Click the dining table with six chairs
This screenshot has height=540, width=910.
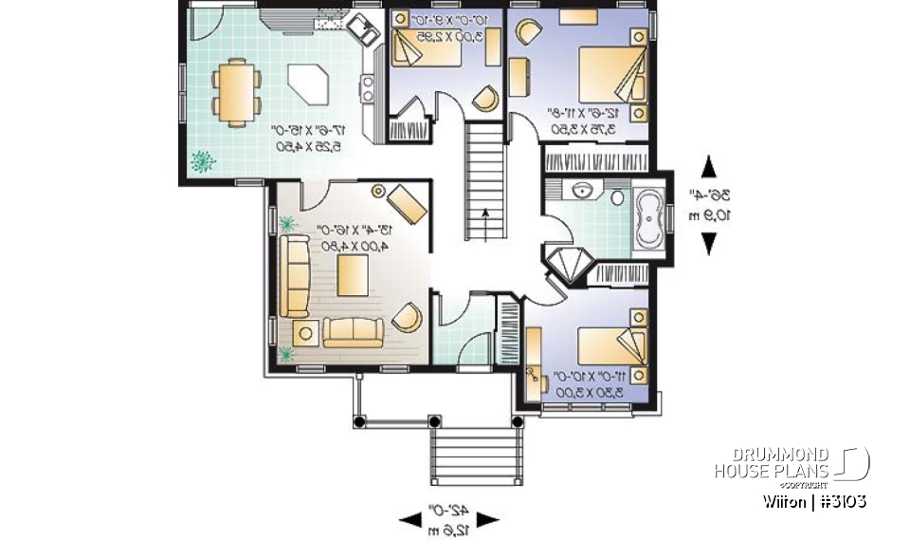coord(233,91)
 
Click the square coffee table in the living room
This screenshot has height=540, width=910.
coord(353,275)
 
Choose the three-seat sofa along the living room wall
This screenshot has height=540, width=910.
coord(294,276)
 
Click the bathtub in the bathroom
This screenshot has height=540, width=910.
coord(649,222)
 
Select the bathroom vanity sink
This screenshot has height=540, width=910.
coord(579,192)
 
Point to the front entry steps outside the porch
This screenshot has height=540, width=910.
coord(477,460)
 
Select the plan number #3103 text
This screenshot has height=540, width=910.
coord(840,501)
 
